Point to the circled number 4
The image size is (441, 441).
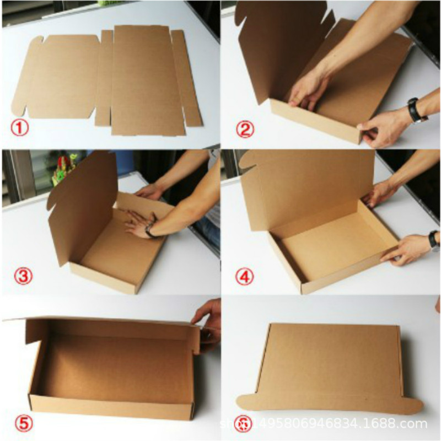pyautogui.click(x=245, y=276)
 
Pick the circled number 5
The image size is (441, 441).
pyautogui.click(x=20, y=423)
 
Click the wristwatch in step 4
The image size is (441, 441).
pyautogui.click(x=434, y=239)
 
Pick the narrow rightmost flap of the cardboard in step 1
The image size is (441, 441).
pyautogui.click(x=186, y=77)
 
